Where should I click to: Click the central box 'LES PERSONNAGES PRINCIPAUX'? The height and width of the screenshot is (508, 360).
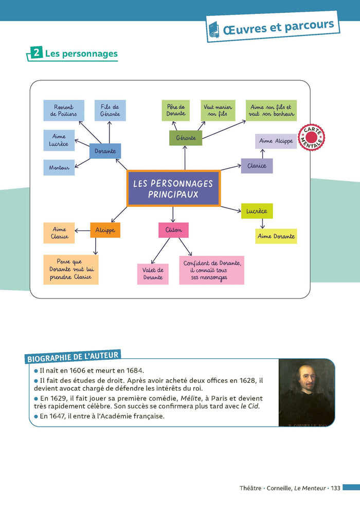[173, 188]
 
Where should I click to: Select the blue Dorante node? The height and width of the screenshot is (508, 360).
[105, 151]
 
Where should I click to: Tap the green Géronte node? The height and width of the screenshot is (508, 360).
[186, 138]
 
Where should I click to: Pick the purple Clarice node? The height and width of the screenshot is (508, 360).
[257, 166]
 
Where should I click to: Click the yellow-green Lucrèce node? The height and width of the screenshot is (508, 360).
[257, 211]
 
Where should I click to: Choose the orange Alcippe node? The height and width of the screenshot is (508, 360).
[105, 230]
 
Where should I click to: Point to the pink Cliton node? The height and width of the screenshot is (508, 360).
[173, 230]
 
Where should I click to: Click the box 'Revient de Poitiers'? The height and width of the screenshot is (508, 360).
[63, 111]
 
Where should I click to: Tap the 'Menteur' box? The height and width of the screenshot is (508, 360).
[59, 168]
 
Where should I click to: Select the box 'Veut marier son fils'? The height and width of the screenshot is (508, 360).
[218, 111]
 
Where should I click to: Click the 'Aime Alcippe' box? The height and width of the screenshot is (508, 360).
[276, 141]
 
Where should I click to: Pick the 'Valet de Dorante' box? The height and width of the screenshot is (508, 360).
[153, 274]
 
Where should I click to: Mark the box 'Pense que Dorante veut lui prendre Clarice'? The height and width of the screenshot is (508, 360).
[70, 270]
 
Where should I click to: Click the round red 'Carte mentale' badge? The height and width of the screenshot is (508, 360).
[311, 137]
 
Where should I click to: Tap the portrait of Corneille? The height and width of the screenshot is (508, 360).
[307, 393]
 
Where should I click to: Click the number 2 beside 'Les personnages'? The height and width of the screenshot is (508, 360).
[36, 53]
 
